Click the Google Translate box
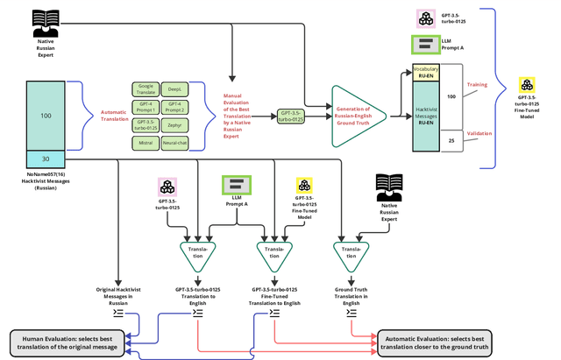tap(146, 88)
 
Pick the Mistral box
tap(146, 141)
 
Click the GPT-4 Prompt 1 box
tap(146, 106)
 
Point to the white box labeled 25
tap(451, 140)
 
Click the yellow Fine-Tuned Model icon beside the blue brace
tap(530, 85)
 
